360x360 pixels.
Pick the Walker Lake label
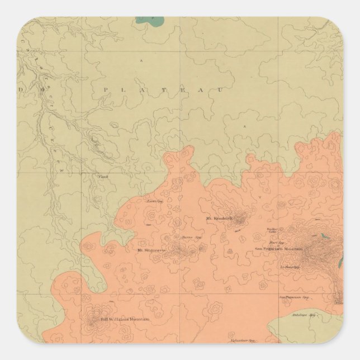point(272,230)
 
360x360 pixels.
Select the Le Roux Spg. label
point(290,267)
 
